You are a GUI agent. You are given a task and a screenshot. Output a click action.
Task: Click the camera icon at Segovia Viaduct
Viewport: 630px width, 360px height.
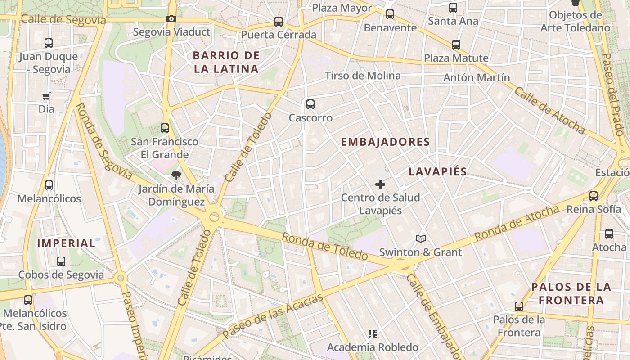click(171, 19)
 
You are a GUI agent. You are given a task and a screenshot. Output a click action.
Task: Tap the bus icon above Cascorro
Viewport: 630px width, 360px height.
click(310, 104)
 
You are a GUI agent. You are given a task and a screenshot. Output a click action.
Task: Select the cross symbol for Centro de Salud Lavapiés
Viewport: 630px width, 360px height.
click(380, 184)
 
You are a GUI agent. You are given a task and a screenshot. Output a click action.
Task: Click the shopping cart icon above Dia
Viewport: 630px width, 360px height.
click(46, 96)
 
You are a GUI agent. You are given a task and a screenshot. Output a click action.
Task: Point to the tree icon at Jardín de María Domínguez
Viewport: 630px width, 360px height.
click(176, 175)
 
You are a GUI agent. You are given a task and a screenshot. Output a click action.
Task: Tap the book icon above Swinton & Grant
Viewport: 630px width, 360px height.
click(420, 238)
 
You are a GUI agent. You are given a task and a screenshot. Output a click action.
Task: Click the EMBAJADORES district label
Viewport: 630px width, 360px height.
click(385, 142)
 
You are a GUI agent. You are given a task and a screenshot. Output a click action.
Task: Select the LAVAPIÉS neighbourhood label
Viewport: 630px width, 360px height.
click(438, 171)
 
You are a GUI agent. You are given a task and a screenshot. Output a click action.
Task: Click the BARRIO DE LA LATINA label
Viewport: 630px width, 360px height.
click(226, 62)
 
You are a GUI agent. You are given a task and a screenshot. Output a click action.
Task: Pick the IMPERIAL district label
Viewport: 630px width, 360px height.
click(66, 243)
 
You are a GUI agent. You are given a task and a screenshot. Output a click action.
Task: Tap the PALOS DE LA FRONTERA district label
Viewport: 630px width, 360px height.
click(571, 293)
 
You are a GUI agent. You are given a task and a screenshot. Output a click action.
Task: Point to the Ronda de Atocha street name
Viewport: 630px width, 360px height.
click(517, 223)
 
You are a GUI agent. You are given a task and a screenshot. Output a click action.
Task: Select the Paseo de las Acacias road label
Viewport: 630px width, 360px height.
click(273, 317)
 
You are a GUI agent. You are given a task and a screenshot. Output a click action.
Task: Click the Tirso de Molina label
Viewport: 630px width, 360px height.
click(363, 76)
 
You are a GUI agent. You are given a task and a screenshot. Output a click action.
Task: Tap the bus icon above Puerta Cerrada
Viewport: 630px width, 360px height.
click(279, 21)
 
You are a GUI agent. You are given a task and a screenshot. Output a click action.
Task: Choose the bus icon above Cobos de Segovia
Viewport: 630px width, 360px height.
click(61, 261)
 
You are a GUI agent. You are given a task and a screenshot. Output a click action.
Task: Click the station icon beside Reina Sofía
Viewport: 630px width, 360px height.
click(594, 196)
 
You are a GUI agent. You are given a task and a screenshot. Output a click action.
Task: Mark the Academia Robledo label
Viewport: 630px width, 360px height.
click(373, 347)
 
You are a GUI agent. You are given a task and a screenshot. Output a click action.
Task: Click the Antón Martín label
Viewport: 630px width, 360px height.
click(477, 77)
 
